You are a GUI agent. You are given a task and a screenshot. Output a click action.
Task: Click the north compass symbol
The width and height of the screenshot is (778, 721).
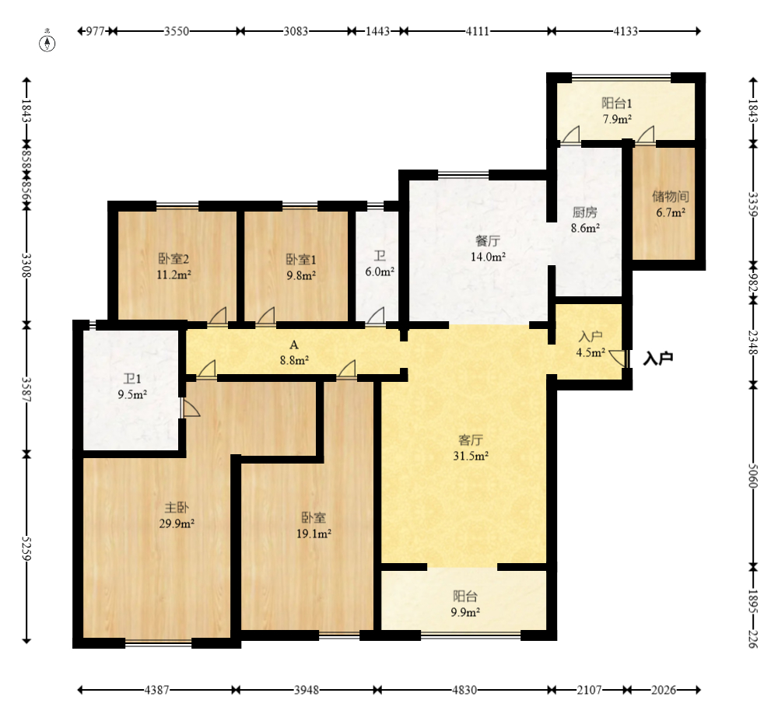(x=47, y=42)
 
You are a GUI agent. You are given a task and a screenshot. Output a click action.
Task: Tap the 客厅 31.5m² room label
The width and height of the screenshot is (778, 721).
(x=471, y=448)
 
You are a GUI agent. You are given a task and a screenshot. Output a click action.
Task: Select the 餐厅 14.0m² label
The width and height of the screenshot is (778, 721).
(x=488, y=249)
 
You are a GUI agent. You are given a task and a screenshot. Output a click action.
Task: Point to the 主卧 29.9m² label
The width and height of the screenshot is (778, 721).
(x=177, y=516)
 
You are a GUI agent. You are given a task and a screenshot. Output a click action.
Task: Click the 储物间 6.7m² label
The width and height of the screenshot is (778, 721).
(x=671, y=205)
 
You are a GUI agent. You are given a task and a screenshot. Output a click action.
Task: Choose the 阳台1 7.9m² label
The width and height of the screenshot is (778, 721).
(x=617, y=111)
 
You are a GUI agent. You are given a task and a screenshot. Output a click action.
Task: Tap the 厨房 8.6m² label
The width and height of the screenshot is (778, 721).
(x=585, y=220)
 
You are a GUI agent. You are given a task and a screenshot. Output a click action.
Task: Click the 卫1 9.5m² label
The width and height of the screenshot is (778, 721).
(x=132, y=387)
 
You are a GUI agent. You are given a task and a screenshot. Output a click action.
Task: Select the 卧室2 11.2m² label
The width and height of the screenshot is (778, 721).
(x=173, y=267)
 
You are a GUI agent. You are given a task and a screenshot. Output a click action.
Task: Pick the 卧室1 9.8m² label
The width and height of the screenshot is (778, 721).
(x=300, y=268)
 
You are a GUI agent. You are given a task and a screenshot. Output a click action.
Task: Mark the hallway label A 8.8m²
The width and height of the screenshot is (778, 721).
(x=294, y=352)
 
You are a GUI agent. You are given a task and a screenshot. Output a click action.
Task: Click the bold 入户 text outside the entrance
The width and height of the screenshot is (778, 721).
(x=658, y=358)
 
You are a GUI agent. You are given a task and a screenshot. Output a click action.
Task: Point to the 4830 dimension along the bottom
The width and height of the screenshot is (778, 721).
(x=464, y=690)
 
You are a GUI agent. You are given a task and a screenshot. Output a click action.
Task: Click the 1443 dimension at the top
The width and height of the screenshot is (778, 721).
(x=377, y=31)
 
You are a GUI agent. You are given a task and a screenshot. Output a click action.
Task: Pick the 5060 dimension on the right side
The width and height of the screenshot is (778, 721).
(x=752, y=476)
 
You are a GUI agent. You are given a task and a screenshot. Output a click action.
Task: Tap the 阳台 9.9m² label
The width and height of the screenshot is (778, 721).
(x=465, y=604)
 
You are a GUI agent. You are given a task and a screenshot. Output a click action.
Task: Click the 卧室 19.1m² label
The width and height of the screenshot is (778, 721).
(x=314, y=526)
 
